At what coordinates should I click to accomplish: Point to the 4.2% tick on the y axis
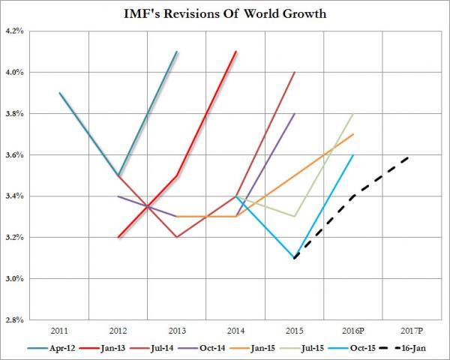16,31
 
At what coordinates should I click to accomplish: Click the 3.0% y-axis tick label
16,279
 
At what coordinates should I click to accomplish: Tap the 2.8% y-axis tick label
16,320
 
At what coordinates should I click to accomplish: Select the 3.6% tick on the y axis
16,155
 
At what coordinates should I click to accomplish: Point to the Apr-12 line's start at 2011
59,93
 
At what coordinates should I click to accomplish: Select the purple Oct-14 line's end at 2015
294,114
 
